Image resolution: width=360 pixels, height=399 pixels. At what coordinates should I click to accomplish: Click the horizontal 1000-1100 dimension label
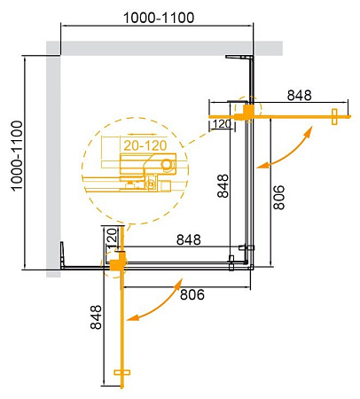pos(159,18)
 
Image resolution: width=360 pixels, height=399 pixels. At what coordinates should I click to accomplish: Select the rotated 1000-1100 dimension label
pos(17,156)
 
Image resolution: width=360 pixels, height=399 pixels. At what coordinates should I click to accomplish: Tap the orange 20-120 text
pos(145,145)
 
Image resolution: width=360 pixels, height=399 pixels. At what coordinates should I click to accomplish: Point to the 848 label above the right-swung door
pos(300,95)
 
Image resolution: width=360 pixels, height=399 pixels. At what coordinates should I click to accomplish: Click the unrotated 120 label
pos(222,124)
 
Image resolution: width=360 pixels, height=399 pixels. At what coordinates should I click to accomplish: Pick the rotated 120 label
pos(112,238)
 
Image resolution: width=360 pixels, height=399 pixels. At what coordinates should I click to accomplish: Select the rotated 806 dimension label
pos(278,198)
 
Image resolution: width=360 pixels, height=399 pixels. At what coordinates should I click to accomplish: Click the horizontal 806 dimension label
pos(192,294)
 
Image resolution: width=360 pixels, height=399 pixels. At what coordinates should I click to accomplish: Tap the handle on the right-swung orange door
pos(334,117)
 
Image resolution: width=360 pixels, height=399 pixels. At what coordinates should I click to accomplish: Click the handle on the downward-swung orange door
pos(122,372)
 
